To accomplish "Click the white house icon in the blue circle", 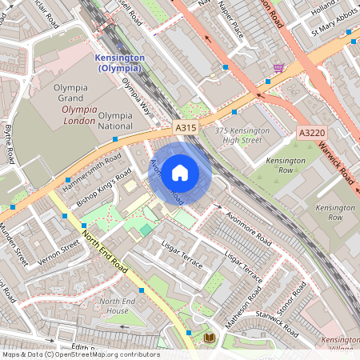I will point(180,172).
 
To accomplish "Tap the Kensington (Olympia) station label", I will point(118,63).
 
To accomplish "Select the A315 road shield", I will point(184,126).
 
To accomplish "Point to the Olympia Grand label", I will point(76,93).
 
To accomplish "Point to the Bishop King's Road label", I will point(102,192).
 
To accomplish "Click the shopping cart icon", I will point(278,68).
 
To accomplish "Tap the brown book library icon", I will point(209,338).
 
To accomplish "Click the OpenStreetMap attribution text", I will point(80,354).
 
